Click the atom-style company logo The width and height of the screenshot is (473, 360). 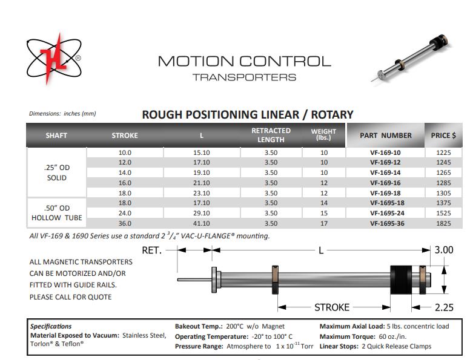tap(54, 59)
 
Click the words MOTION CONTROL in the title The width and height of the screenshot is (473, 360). tap(244, 61)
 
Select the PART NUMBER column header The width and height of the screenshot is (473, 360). tap(385, 136)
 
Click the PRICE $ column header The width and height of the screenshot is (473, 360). tap(443, 136)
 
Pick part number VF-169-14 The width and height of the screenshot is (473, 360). tap(385, 172)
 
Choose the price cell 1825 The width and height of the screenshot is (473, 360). tap(443, 223)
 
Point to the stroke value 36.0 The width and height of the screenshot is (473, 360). tap(125, 223)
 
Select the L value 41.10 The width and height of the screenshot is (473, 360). tap(201, 223)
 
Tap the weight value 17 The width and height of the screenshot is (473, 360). tap(323, 223)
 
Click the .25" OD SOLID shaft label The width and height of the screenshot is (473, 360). tap(56, 172)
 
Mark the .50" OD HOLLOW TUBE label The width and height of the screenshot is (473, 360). tap(56, 213)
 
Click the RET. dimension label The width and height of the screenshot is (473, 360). tap(152, 250)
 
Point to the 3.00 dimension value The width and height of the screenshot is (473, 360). tap(445, 250)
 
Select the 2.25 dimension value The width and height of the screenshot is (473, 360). tap(444, 307)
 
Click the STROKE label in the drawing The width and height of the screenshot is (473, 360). tap(332, 307)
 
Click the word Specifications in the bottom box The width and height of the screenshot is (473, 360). tap(51, 326)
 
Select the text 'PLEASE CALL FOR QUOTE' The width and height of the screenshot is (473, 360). tap(70, 297)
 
